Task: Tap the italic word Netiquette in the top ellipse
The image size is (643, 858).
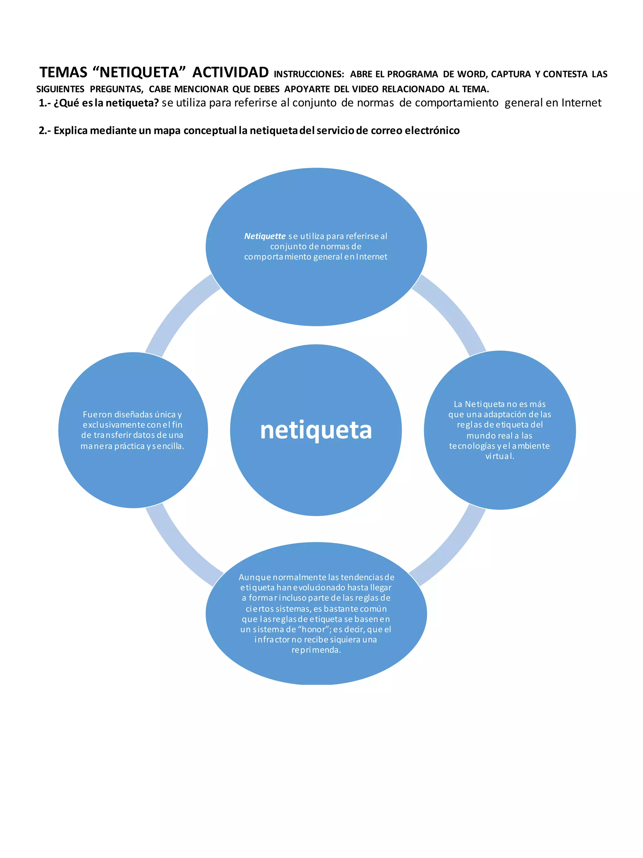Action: coord(265,236)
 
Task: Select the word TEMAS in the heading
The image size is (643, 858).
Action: coord(64,73)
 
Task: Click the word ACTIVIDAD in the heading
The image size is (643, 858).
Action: coord(230,73)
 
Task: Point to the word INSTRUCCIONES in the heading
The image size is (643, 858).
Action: coord(309,74)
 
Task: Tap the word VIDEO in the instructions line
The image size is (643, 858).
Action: coord(365,89)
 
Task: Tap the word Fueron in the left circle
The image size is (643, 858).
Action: coord(97,414)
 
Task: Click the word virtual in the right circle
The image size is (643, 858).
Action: coord(500,456)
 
